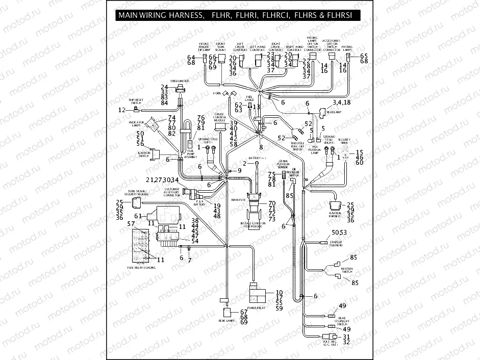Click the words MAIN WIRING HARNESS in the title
point(159,16)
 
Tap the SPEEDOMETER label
point(180,81)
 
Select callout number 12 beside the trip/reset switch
point(121,110)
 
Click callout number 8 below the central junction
point(261,147)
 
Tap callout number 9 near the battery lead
point(239,170)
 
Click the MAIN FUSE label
point(238,200)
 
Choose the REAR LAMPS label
point(226,320)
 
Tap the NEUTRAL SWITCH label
point(346,270)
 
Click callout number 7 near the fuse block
point(189,261)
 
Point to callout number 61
point(137,216)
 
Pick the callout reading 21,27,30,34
point(162,180)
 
